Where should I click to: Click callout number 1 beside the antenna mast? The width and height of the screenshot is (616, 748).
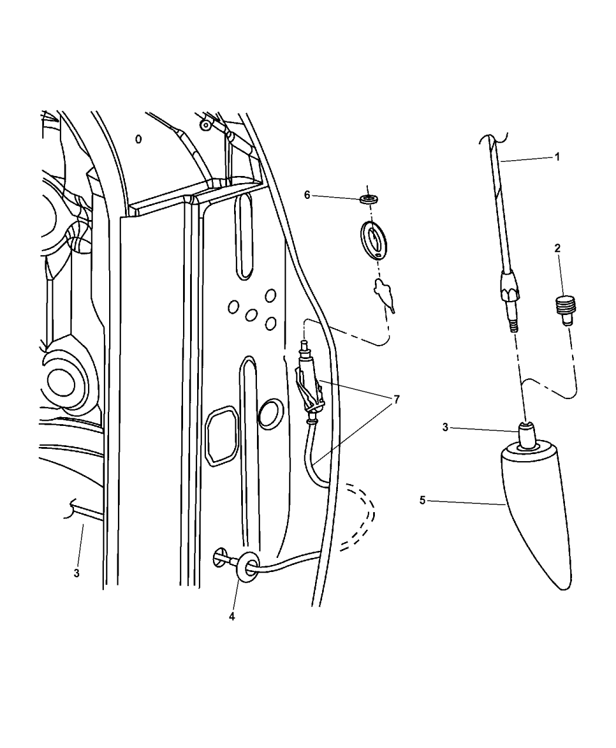click(557, 157)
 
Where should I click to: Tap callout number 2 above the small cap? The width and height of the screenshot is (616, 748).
click(557, 248)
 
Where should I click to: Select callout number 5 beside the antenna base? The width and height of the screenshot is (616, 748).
click(422, 500)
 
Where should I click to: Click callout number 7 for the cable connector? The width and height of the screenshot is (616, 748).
click(397, 400)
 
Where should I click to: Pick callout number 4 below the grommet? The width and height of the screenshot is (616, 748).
click(232, 617)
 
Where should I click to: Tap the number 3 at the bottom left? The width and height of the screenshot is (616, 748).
click(76, 573)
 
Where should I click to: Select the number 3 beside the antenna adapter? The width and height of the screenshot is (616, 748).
click(445, 428)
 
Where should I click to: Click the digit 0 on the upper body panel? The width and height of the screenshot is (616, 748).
click(138, 140)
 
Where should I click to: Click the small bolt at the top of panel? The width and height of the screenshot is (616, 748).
click(205, 125)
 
